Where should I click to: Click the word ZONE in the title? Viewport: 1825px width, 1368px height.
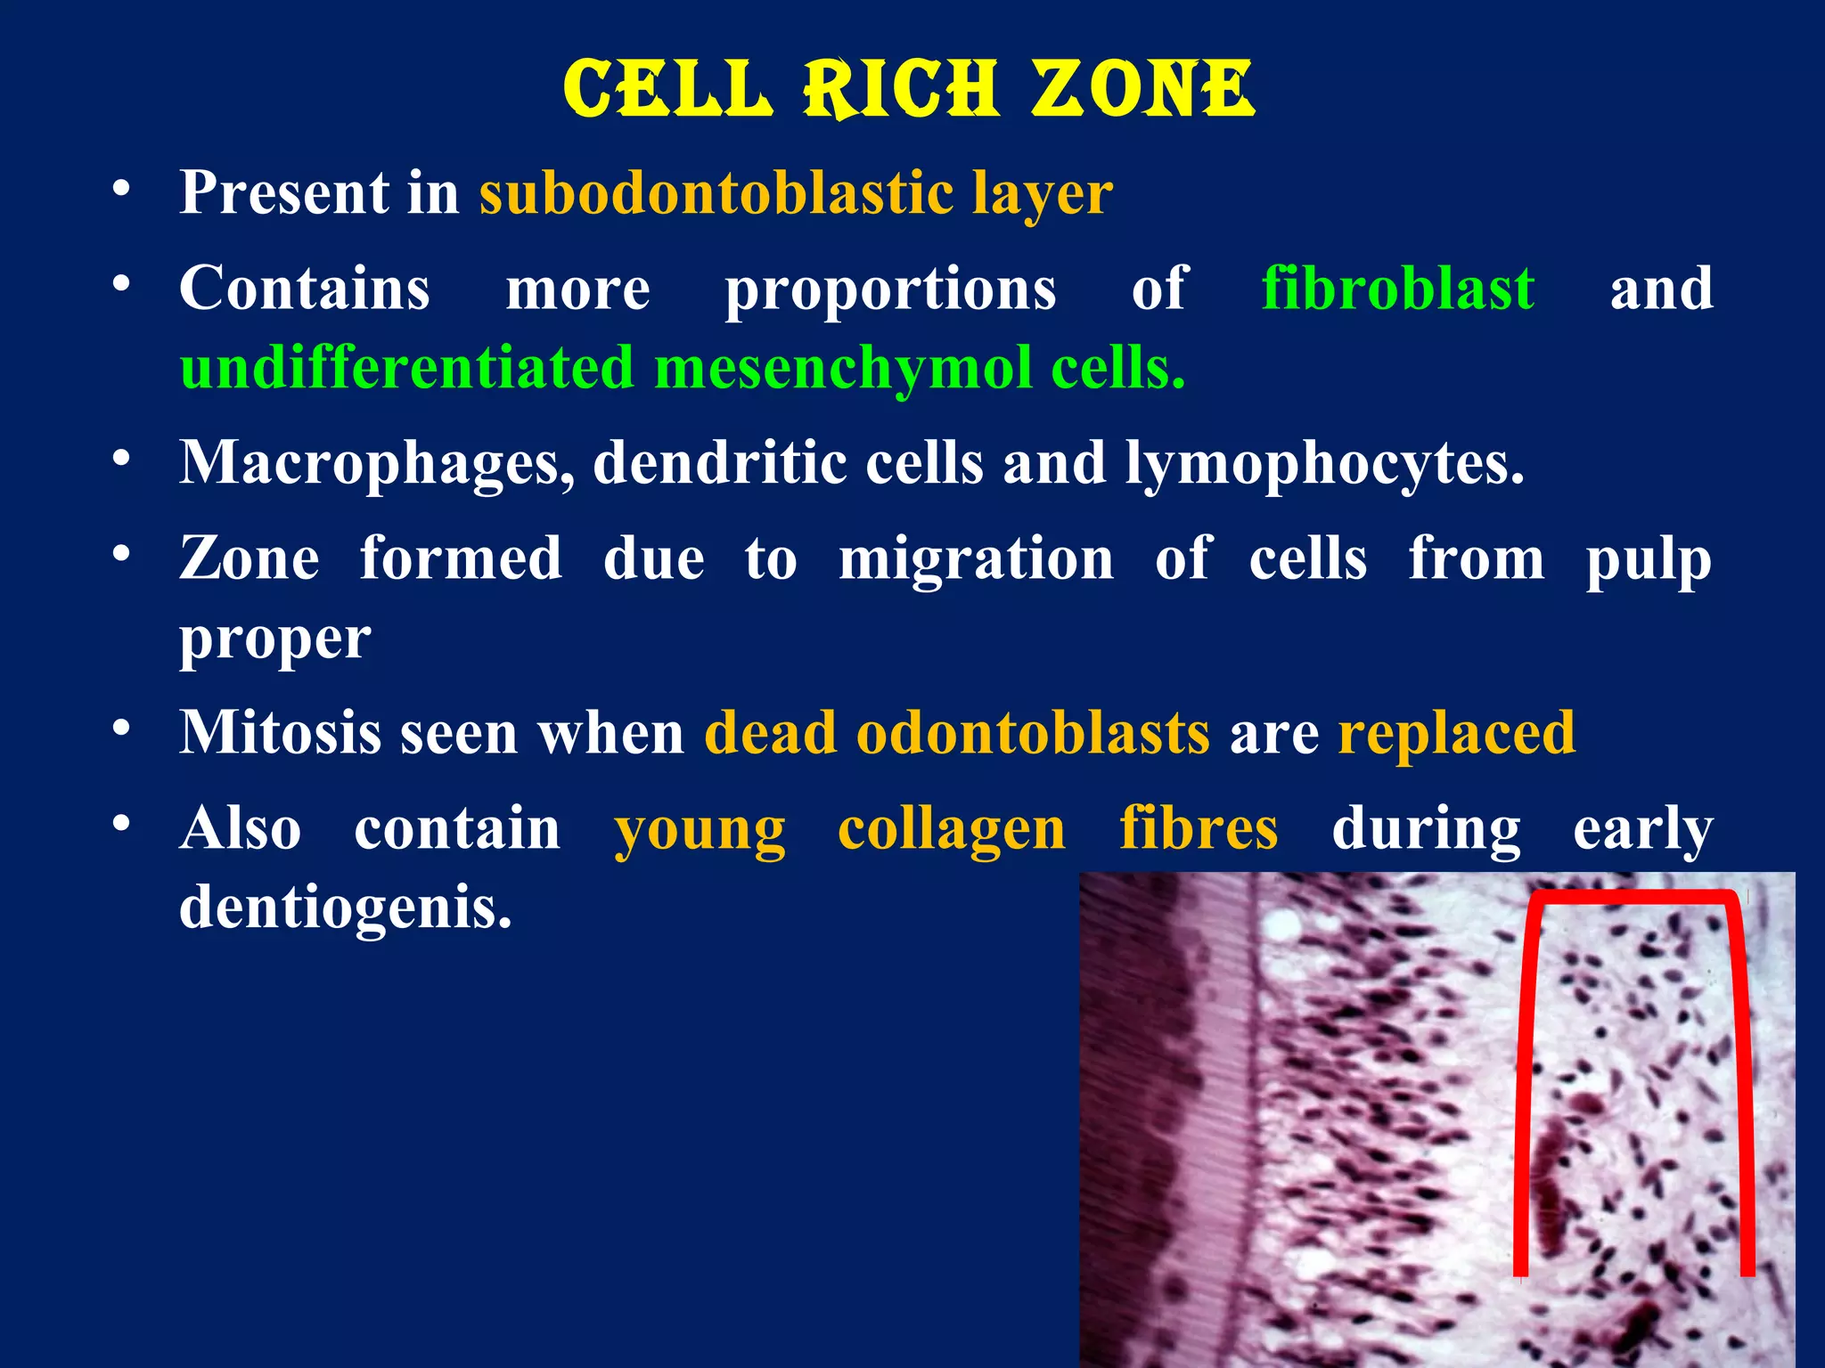click(x=1143, y=89)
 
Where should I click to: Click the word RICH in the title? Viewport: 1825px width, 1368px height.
click(x=900, y=89)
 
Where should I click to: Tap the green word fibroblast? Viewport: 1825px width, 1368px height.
click(x=1398, y=289)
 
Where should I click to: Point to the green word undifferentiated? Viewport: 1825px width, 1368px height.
click(x=407, y=367)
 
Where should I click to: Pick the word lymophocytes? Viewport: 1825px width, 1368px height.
click(x=1324, y=464)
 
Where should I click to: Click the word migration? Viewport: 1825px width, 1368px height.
click(x=976, y=559)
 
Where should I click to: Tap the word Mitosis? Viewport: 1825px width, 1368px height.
click(x=280, y=732)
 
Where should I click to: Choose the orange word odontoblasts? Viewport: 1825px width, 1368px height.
click(x=1033, y=732)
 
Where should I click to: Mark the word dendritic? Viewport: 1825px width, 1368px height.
click(x=719, y=462)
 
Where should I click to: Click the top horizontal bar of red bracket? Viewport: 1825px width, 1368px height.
click(x=1633, y=896)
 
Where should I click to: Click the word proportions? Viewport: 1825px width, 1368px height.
click(x=890, y=290)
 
